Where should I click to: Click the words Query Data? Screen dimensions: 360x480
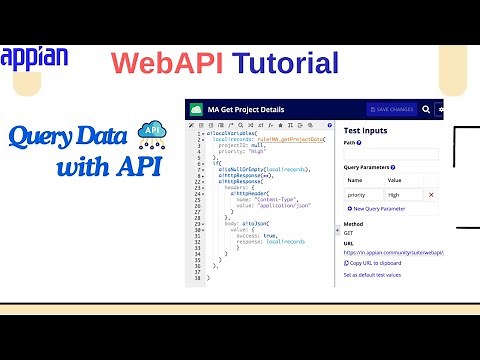pos(66,136)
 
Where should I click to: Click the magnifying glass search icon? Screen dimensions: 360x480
pos(426,109)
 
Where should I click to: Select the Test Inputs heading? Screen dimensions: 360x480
pos(369,131)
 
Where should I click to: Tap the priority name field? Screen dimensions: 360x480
pos(364,194)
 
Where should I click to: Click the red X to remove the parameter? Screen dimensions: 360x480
pos(432,194)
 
